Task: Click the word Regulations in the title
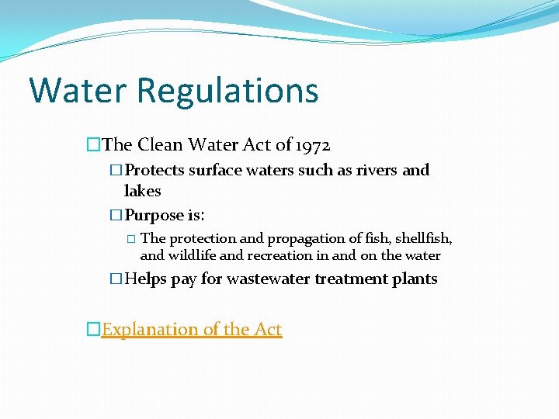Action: [227, 92]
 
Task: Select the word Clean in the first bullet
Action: [161, 144]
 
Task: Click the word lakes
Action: [142, 191]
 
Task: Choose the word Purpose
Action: [154, 216]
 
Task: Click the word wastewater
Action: [268, 279]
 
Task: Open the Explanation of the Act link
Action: [192, 329]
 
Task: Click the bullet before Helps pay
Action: [116, 279]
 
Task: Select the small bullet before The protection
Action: [130, 239]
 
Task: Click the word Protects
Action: [155, 170]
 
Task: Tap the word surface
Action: [217, 170]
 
